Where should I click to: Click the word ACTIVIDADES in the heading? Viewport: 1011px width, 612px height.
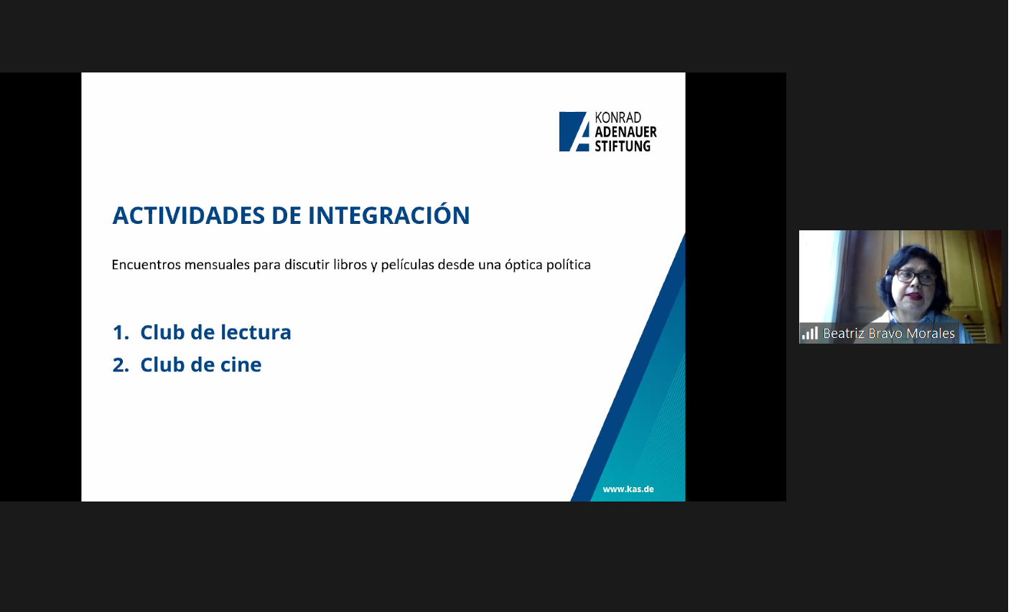[189, 215]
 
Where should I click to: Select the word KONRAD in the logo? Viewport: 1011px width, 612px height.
[618, 118]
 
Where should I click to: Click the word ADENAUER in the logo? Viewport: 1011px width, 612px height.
[625, 132]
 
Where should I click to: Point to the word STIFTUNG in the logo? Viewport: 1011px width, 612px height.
[623, 146]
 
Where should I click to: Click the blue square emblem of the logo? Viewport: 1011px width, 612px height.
[574, 131]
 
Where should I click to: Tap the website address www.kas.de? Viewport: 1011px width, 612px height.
[628, 489]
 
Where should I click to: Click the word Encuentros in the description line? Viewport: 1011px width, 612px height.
[146, 265]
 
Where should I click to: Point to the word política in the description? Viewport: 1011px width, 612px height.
[568, 265]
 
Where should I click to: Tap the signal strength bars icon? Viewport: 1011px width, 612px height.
[810, 334]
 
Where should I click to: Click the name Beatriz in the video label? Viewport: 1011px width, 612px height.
[844, 334]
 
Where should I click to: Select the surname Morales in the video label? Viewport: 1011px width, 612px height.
[931, 334]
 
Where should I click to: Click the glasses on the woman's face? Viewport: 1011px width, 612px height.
[915, 277]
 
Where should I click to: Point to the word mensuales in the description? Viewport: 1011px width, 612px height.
[217, 265]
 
